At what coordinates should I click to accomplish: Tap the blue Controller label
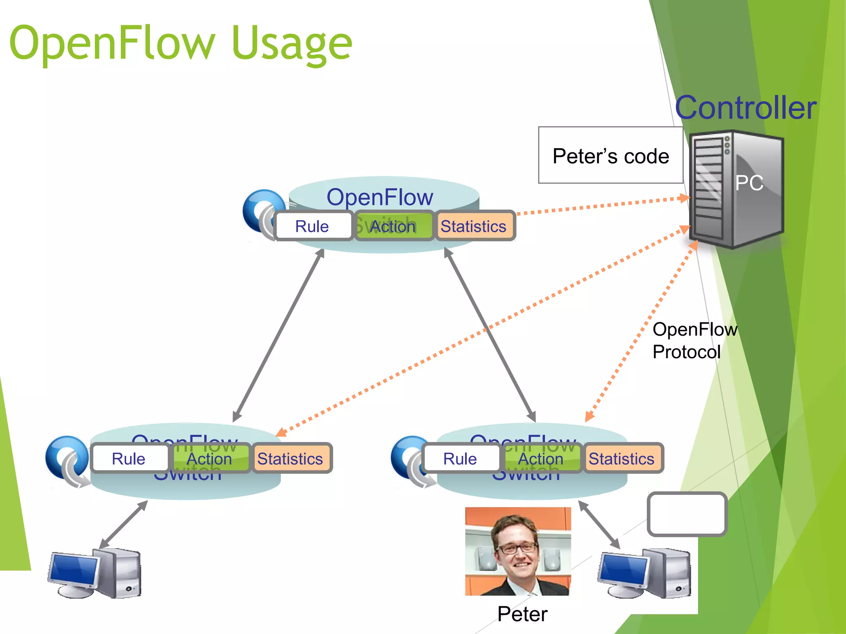tap(746, 108)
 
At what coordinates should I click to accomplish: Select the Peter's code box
tap(611, 155)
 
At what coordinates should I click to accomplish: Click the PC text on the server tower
tap(749, 183)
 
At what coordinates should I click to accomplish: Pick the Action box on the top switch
tap(393, 226)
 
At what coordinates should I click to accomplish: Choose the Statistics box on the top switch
tap(474, 226)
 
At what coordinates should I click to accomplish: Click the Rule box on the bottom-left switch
tap(129, 458)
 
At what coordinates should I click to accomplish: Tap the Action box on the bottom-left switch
tap(210, 458)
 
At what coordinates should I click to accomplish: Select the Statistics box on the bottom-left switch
tap(291, 458)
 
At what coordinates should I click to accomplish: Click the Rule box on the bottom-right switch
tap(461, 458)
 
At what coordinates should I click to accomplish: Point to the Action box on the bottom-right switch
tap(541, 458)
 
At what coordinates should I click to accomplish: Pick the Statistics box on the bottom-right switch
tap(622, 458)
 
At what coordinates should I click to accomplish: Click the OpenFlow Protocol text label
tap(694, 341)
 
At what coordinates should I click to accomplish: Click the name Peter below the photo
tap(522, 614)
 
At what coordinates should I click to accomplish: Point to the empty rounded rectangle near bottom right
tap(687, 514)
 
